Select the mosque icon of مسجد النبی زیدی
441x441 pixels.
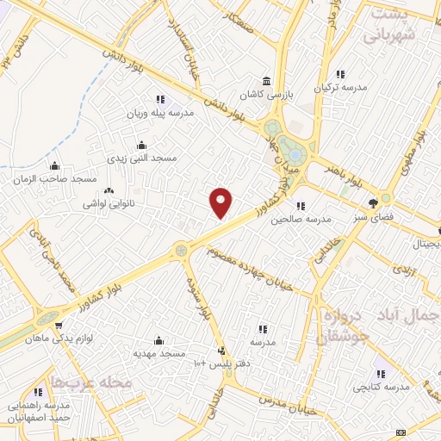pos(141,145)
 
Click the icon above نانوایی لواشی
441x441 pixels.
pos(109,191)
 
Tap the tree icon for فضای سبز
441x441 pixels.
pos(373,203)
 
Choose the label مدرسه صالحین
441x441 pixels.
pos(301,220)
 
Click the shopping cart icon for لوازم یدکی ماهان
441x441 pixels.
pos(58,326)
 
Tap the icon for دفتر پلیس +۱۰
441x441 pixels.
pos(223,351)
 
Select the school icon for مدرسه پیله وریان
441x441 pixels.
pos(159,98)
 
